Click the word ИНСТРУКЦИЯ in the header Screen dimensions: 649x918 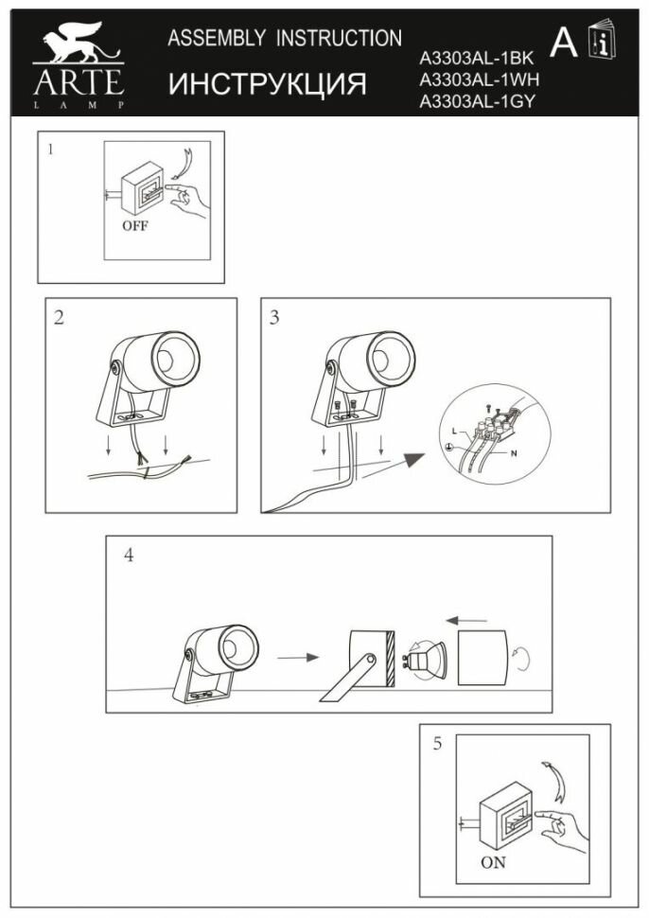click(268, 84)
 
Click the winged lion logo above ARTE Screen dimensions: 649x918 click(79, 44)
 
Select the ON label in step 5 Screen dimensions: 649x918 click(493, 862)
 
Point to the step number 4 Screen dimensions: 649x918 click(129, 556)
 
